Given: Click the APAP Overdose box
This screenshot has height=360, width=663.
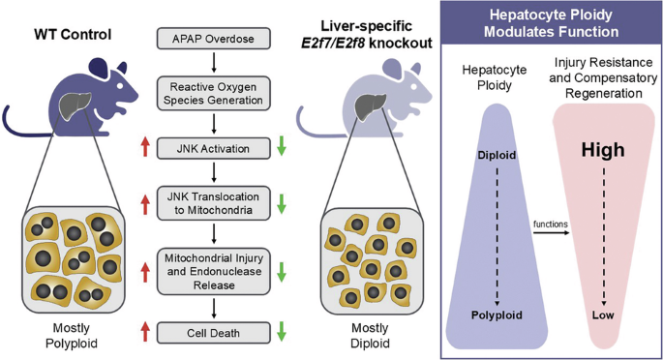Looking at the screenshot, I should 213,40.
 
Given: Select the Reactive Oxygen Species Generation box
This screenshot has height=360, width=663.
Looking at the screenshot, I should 213,92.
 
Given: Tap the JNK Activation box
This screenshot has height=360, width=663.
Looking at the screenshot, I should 213,148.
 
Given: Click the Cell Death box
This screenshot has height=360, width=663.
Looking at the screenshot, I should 213,333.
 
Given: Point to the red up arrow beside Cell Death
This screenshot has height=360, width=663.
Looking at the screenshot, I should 145,333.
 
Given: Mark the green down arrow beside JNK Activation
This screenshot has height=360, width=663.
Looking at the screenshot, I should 281,148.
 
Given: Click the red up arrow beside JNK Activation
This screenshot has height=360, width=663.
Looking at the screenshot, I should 145,148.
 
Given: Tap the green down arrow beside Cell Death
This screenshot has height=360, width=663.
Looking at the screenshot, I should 281,333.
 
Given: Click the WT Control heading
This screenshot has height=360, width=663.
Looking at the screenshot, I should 71,36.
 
